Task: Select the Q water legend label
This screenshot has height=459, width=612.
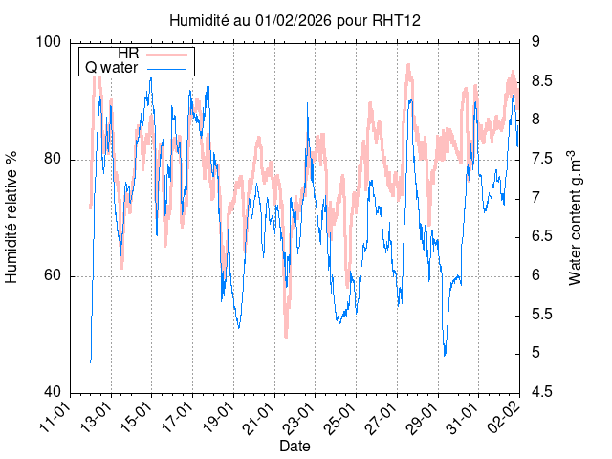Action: click(112, 68)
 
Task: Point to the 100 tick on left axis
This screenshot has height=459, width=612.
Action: click(49, 42)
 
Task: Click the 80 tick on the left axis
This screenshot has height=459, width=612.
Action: click(53, 160)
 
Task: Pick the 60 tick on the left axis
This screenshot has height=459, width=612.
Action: click(53, 276)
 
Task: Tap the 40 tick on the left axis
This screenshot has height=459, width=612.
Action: click(53, 393)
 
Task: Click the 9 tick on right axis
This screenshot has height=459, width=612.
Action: click(536, 42)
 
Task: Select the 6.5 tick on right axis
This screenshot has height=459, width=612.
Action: click(542, 237)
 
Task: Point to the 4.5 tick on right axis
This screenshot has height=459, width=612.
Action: click(542, 393)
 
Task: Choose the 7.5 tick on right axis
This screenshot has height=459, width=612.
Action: click(542, 159)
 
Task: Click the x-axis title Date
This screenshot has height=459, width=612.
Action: click(294, 447)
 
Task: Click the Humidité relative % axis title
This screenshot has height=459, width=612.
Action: click(13, 218)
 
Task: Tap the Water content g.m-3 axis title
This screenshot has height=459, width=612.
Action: click(575, 218)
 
